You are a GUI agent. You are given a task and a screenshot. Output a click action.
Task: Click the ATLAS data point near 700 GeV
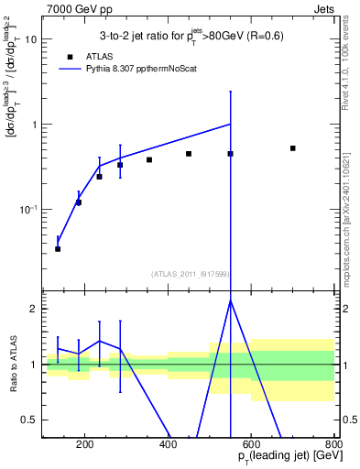pos(292,147)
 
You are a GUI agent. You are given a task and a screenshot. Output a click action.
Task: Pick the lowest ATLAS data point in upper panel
pos(58,248)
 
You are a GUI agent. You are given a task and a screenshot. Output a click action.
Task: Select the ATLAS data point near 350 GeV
pos(149,159)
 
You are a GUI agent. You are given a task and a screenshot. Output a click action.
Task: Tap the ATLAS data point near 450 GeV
pos(189,154)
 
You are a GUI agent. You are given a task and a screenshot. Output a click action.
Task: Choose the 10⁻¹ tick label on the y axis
pos(29,209)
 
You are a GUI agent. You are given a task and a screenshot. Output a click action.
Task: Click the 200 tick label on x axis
pos(85,445)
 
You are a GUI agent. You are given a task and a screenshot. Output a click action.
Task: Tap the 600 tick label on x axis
pos(252,445)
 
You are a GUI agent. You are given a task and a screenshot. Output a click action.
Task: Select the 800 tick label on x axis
pos(333,445)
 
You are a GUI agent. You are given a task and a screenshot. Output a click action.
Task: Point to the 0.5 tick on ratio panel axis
pos(30,420)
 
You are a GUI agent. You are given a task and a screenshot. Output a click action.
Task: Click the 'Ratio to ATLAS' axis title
pos(12,364)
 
